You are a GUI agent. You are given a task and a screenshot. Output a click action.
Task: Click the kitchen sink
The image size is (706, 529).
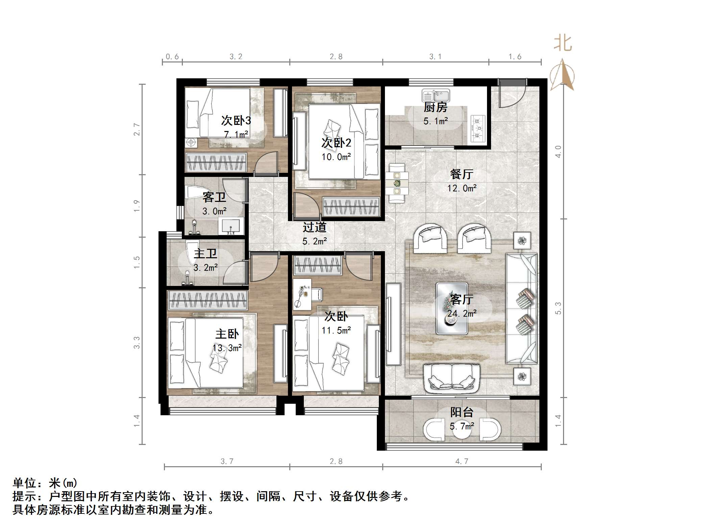[x=436, y=96]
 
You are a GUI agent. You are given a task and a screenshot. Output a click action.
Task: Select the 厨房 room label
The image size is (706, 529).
[x=435, y=108]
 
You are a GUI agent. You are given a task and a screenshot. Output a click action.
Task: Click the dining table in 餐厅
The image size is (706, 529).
[x=397, y=183]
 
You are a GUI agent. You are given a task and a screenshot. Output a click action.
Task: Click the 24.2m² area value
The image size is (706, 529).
[x=462, y=313]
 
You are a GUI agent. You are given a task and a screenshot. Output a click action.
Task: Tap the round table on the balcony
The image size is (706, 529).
[x=462, y=429]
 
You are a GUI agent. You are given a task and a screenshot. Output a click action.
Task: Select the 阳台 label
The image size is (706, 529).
[x=462, y=412]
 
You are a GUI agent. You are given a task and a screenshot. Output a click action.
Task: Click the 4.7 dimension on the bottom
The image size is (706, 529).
[x=462, y=461]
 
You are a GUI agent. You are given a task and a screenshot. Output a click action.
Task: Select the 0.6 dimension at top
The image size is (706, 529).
[x=172, y=57]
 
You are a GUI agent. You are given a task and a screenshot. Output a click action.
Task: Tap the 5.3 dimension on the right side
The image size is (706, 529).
[x=558, y=308]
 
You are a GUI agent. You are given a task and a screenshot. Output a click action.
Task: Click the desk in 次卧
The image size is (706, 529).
[x=302, y=294]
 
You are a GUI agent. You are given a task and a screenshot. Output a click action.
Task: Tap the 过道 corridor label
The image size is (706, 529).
[x=314, y=227]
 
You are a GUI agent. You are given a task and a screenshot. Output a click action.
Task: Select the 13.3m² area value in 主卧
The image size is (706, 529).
[x=227, y=348]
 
